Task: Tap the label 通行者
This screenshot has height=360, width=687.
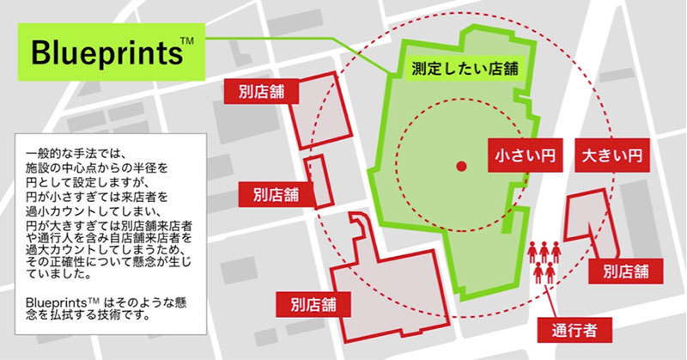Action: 568,327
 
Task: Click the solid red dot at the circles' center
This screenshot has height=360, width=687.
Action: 460,166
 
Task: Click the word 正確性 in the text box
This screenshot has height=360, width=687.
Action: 68,260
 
